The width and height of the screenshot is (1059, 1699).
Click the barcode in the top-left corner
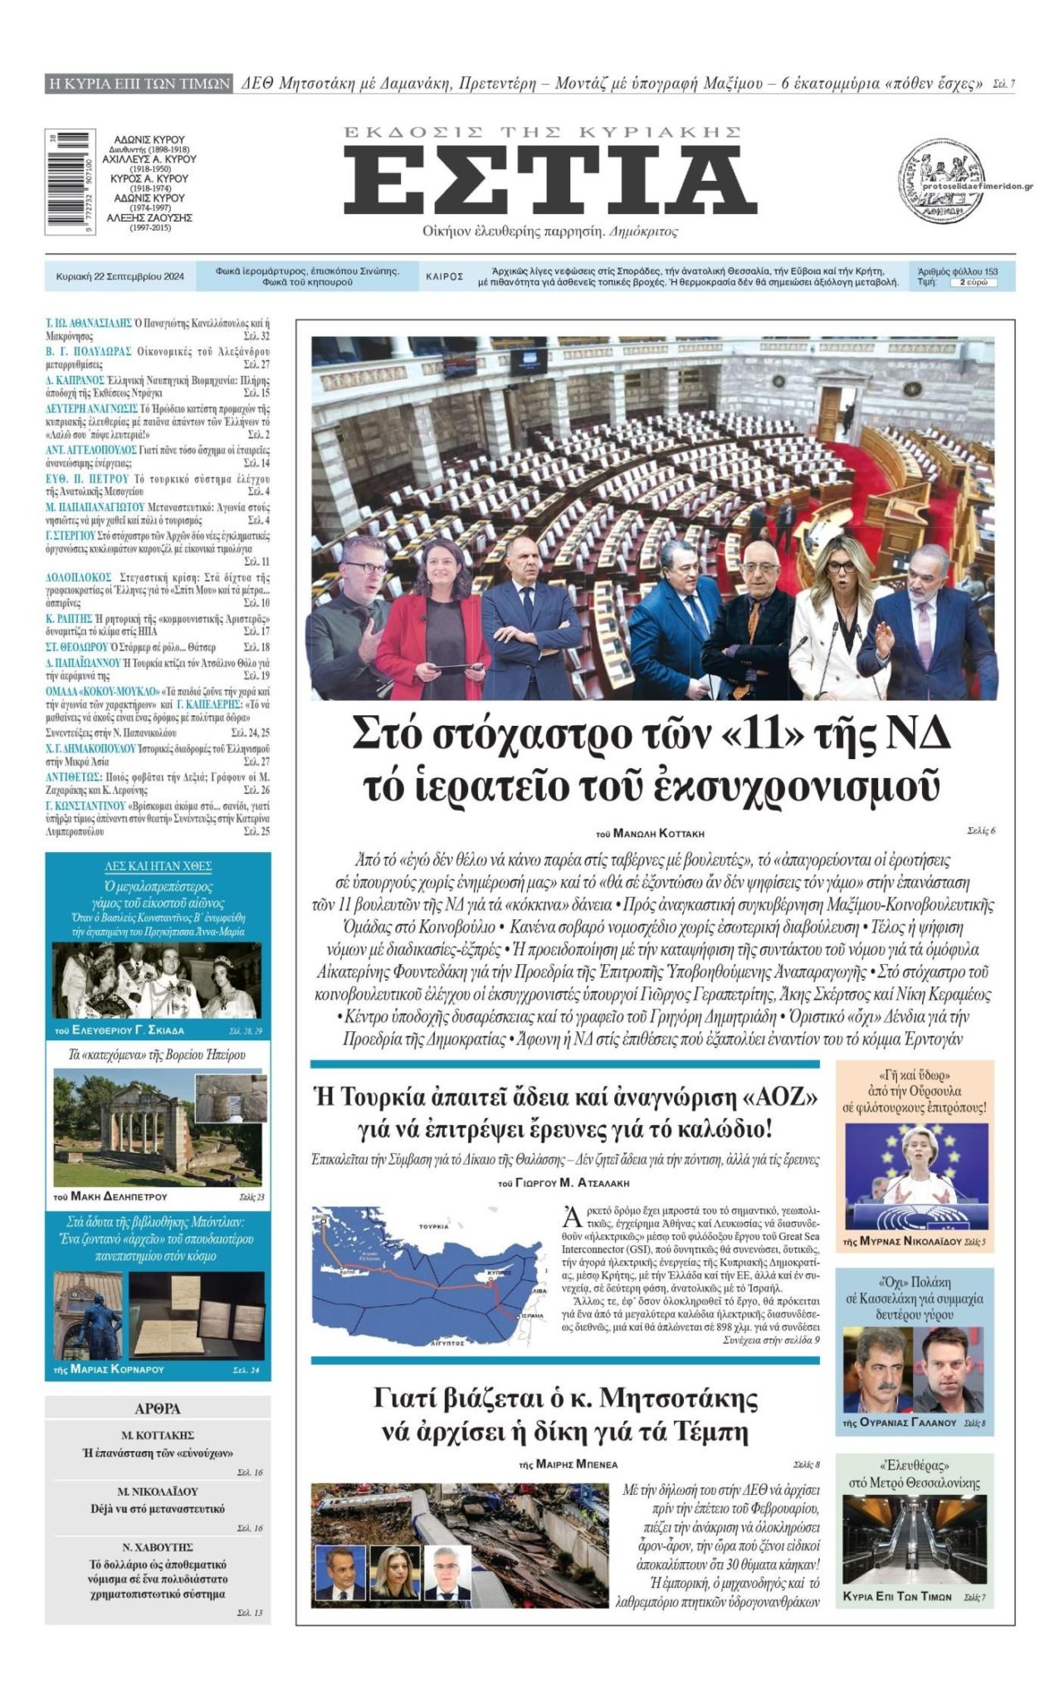[x=66, y=181]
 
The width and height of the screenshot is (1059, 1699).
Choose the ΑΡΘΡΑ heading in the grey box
[x=157, y=1409]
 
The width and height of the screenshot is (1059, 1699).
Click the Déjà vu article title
[x=158, y=1508]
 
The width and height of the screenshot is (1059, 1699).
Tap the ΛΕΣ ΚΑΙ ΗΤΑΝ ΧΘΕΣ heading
[x=158, y=866]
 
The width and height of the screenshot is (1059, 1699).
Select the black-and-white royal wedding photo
[x=158, y=980]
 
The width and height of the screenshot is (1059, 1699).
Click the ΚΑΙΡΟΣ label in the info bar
[x=445, y=277]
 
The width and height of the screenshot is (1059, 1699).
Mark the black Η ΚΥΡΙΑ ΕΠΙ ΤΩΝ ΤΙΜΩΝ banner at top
[x=139, y=83]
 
